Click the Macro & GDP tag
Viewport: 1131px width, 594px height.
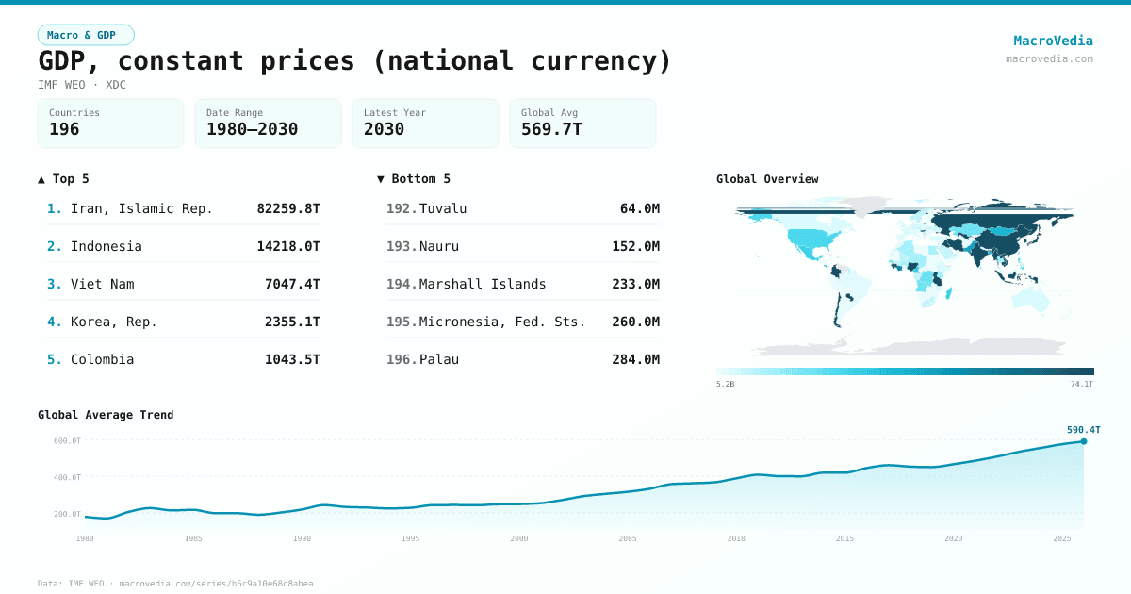[x=86, y=35]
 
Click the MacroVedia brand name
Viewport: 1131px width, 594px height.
[x=1053, y=41]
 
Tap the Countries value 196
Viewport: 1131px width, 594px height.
[x=64, y=129]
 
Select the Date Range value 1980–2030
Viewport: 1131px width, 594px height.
[x=252, y=129]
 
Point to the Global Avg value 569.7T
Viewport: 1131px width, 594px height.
[x=551, y=129]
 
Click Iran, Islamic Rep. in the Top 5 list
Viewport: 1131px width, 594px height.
[x=141, y=208]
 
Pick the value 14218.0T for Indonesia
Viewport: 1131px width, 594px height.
[x=288, y=246]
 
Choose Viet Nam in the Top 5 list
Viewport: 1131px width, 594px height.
[x=102, y=284]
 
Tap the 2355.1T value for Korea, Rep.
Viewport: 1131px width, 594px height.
[x=292, y=322]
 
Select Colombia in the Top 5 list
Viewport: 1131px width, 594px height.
[x=102, y=359]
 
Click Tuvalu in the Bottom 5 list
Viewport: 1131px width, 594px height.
[x=443, y=208]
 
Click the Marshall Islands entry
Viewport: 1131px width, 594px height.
[x=483, y=284]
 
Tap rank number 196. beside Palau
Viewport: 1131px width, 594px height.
[x=402, y=359]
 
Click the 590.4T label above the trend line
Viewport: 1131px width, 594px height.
[x=1083, y=430]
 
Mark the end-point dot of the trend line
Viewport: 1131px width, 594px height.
[x=1083, y=441]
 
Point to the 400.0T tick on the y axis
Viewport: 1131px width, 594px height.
[x=67, y=477]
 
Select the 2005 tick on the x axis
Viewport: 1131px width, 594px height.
[x=628, y=538]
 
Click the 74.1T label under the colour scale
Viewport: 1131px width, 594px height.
[x=1081, y=384]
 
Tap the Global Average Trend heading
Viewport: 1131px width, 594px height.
[x=106, y=415]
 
